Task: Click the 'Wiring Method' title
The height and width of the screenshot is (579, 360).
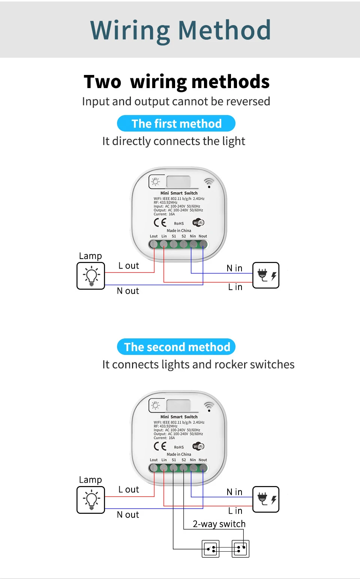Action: (x=180, y=30)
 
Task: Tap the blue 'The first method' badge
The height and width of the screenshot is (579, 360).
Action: (x=176, y=124)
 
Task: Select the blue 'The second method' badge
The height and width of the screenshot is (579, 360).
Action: (x=176, y=347)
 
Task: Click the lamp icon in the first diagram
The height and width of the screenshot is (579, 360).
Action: (x=91, y=276)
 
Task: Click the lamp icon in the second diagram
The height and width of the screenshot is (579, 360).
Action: (x=91, y=500)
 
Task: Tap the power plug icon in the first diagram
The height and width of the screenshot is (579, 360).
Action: (x=266, y=275)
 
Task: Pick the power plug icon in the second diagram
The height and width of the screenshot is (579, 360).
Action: (x=266, y=499)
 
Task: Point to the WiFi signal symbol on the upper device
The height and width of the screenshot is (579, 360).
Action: (x=209, y=183)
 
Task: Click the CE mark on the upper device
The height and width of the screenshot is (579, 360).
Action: (x=160, y=223)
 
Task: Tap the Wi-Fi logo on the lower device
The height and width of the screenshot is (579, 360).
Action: (x=198, y=446)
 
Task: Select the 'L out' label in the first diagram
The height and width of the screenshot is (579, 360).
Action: (x=129, y=266)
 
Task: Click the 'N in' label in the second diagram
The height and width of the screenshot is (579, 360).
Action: (x=234, y=492)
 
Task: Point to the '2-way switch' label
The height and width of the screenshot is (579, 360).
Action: (x=219, y=524)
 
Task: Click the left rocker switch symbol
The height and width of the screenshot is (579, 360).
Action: (x=210, y=549)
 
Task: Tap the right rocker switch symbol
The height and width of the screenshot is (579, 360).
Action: (x=240, y=549)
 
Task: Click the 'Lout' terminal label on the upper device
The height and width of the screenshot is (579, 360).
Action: (x=154, y=236)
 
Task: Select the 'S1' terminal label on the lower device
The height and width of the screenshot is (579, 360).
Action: (x=174, y=460)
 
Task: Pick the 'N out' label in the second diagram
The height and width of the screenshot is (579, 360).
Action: (x=128, y=515)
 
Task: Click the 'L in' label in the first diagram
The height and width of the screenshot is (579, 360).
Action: (x=235, y=287)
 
